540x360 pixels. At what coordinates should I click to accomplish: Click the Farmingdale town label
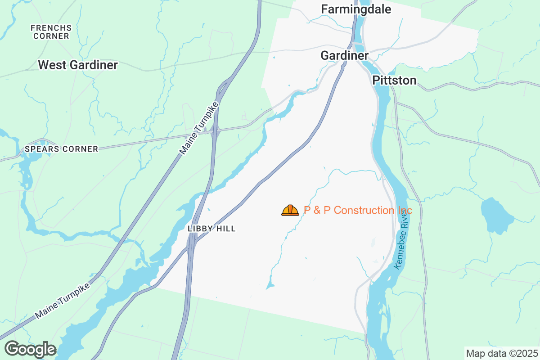tap(356, 9)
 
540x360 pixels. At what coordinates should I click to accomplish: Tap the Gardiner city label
tap(344, 55)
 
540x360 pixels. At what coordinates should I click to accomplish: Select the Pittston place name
tap(394, 81)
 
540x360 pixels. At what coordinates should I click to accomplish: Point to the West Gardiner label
tap(78, 65)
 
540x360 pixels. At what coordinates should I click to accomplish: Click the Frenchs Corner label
tap(51, 32)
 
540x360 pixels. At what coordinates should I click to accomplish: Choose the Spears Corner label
tap(62, 149)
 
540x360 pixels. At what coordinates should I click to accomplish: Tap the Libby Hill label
tap(211, 229)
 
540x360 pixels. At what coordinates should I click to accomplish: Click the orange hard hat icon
tap(290, 210)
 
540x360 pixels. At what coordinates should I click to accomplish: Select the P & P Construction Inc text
tap(358, 210)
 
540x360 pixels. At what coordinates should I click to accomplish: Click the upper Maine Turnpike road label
tap(199, 129)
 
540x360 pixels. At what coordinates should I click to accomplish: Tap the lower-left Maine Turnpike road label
tap(63, 300)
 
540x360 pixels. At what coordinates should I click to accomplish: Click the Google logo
tap(30, 349)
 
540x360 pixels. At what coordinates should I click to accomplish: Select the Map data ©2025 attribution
tap(501, 353)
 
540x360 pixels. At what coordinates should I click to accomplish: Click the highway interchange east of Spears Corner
tap(214, 131)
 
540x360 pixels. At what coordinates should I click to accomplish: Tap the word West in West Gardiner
tap(49, 65)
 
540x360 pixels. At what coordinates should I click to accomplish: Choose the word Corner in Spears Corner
tap(82, 149)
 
